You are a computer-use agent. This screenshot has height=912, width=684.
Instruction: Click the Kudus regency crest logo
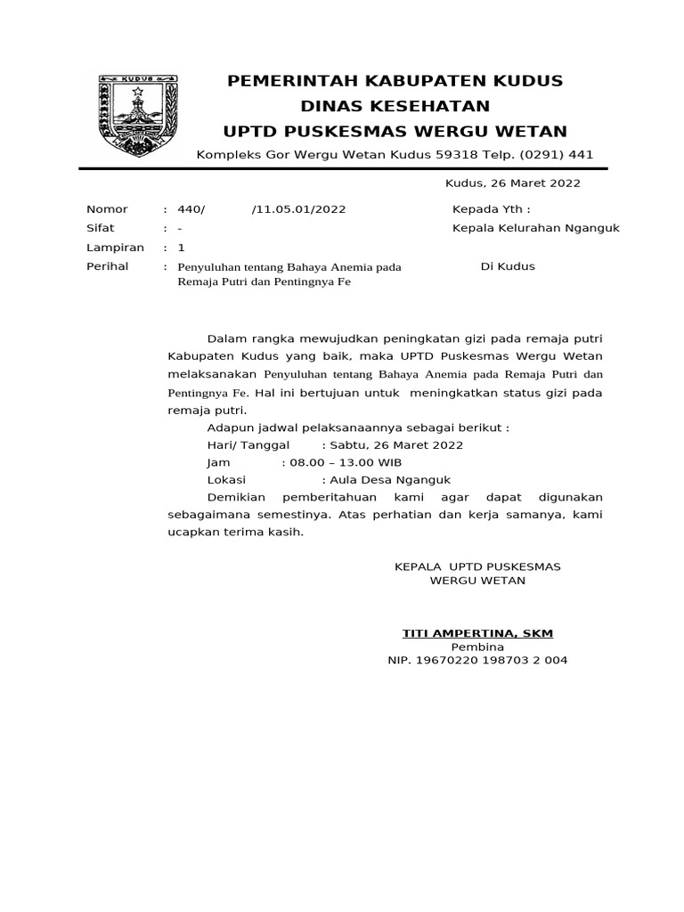139,114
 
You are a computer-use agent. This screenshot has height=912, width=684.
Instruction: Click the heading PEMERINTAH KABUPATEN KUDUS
395,81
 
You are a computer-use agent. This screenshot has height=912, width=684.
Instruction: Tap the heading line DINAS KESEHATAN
395,106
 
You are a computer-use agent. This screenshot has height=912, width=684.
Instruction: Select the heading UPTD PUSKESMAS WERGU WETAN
395,132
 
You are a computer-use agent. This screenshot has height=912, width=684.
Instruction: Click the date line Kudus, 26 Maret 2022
512,183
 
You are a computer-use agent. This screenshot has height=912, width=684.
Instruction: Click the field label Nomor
107,209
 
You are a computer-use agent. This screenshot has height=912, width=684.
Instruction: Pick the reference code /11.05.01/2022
298,209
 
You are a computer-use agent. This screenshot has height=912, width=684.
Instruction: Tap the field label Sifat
101,228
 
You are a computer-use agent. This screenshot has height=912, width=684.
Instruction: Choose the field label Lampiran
115,248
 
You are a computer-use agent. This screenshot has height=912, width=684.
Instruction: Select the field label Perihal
107,266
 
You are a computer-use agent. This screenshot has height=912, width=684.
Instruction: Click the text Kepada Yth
491,209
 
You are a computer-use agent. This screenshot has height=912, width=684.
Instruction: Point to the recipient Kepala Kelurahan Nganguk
536,228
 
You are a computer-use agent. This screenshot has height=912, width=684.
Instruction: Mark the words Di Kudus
508,266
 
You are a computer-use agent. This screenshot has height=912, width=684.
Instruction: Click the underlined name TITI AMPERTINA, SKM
477,633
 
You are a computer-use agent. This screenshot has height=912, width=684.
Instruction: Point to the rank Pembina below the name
477,647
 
